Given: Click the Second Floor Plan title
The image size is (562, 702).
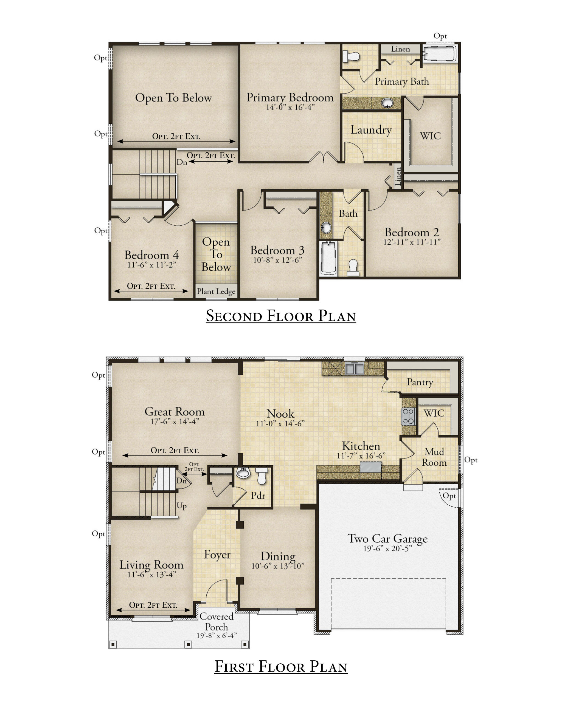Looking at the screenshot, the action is tap(281, 316).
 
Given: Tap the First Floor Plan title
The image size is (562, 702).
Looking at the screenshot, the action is tap(281, 667).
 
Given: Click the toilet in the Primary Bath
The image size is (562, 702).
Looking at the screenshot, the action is tap(351, 56).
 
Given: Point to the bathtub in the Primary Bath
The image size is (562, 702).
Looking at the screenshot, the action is tap(440, 53).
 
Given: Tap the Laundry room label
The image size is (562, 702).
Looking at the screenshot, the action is tap(371, 130).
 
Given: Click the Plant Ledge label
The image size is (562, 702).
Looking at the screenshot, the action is tap(216, 291).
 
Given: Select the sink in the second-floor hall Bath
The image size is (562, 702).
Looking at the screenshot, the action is tap(326, 227).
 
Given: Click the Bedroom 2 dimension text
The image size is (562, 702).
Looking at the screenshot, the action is tap(412, 242).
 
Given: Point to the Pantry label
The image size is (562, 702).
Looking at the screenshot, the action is tap(420, 382).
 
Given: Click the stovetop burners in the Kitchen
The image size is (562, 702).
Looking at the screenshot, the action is tap(408, 416).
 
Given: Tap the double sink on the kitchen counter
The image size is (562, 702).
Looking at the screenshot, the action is tap(354, 368).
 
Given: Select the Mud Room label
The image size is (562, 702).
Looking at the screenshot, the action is tap(434, 457).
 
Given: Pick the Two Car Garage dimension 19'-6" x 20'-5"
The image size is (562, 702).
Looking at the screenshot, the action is tap(387, 548).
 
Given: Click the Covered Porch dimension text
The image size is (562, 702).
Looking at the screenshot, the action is tap(216, 635).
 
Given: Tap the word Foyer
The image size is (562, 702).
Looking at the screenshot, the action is tap(217, 554).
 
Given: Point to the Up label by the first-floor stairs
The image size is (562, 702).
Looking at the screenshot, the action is tap(181, 506).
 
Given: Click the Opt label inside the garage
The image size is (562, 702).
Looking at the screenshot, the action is tap(449, 496).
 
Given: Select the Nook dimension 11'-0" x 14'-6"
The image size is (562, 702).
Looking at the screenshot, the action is tap(280, 423).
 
